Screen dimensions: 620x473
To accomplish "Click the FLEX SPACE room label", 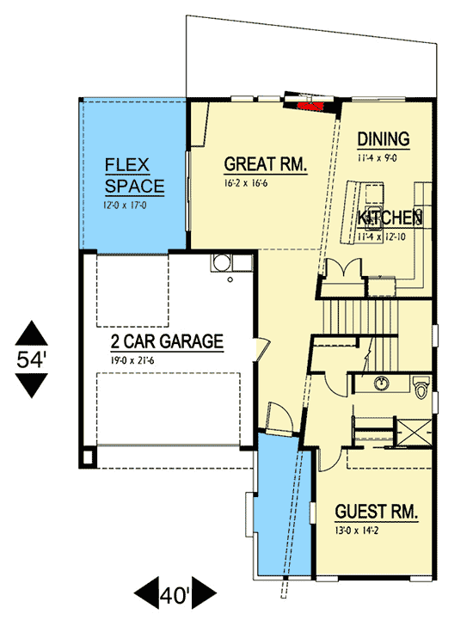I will pyautogui.click(x=130, y=175).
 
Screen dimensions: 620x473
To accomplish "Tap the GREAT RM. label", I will pyautogui.click(x=266, y=164).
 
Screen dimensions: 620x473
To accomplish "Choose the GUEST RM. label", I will pyautogui.click(x=377, y=513).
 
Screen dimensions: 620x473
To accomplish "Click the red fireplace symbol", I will pyautogui.click(x=310, y=107).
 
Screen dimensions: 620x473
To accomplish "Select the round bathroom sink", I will pyautogui.click(x=380, y=382).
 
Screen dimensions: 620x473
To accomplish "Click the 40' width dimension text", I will pyautogui.click(x=176, y=593).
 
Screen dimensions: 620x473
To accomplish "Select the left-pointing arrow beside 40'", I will pyautogui.click(x=144, y=593).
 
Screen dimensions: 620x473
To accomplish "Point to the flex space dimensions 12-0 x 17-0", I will pyautogui.click(x=127, y=206).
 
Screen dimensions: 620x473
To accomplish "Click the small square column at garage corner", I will pyautogui.click(x=89, y=456).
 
